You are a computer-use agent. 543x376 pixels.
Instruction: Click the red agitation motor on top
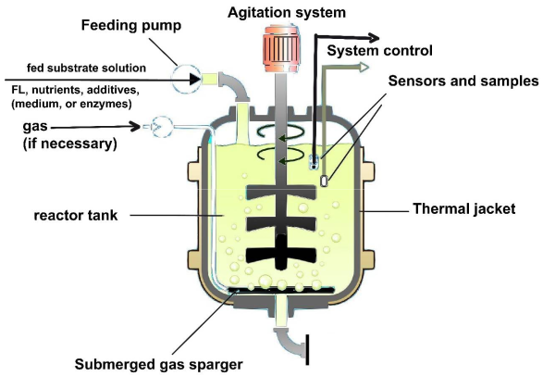tap(281, 48)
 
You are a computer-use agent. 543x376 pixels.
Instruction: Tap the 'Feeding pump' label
tap(131, 26)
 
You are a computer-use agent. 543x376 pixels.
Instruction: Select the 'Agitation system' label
tap(287, 13)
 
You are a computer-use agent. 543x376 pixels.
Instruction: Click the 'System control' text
tap(380, 51)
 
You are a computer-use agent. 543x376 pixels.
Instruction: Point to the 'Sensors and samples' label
tap(463, 81)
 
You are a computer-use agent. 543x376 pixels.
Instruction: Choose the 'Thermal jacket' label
tap(464, 209)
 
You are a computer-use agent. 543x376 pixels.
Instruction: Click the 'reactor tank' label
tap(76, 216)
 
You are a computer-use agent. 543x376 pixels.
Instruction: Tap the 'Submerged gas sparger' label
tap(158, 365)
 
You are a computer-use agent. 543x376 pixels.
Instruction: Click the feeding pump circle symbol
tap(186, 80)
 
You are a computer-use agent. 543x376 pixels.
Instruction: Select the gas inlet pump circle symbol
tap(162, 127)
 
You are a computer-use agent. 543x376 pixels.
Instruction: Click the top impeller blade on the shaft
tap(281, 193)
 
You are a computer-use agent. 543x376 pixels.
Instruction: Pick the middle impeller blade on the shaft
tap(281, 224)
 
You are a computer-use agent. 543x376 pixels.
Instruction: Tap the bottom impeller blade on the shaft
tap(281, 255)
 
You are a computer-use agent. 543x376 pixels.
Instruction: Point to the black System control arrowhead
tap(371, 37)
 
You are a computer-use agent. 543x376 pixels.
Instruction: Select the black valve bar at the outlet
tap(307, 350)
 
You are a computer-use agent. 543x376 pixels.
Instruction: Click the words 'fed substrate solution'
tap(86, 68)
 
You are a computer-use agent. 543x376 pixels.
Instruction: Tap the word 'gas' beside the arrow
tap(35, 127)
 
